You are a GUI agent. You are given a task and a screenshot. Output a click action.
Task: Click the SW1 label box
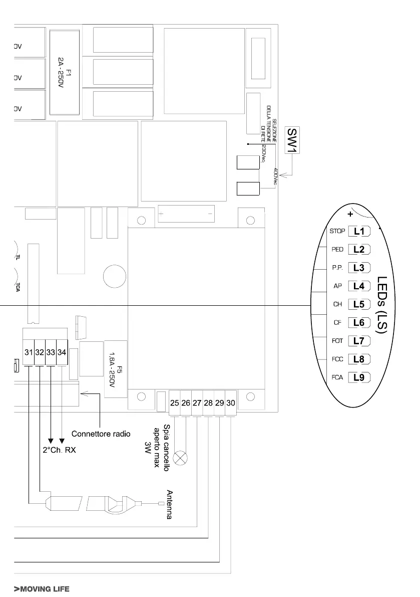tap(292, 140)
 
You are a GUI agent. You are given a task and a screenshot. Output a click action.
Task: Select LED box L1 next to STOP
tap(358, 232)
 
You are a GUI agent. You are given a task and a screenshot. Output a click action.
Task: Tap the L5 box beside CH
tap(358, 304)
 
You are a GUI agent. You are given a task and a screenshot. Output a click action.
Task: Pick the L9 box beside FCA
tap(358, 377)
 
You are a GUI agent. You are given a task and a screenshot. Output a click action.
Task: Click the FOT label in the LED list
tap(337, 341)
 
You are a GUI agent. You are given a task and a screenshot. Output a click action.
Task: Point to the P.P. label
tap(337, 268)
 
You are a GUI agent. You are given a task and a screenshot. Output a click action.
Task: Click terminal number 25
tap(175, 403)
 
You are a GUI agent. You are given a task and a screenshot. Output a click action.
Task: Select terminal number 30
tap(231, 403)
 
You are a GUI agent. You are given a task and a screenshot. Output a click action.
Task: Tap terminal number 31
tap(29, 352)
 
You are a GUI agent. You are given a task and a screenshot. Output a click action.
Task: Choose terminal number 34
tap(62, 352)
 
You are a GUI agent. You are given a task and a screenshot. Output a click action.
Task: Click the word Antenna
tap(169, 504)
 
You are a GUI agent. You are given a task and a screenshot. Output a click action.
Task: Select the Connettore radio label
tap(102, 433)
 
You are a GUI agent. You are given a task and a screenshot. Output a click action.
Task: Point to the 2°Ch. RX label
tap(59, 450)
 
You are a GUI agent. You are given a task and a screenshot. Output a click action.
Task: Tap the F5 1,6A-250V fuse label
tap(116, 368)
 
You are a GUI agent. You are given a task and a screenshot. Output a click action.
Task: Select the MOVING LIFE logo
tap(42, 588)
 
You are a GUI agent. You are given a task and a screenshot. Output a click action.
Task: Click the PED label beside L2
tap(337, 250)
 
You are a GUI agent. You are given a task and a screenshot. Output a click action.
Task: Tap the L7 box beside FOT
tap(358, 341)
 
